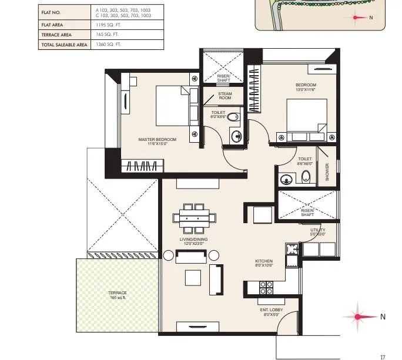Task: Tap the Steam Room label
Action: pyautogui.click(x=225, y=95)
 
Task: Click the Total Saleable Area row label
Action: pyautogui.click(x=63, y=44)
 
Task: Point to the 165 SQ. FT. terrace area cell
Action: pyautogui.click(x=108, y=35)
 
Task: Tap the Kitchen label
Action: pyautogui.click(x=263, y=262)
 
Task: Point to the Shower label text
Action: pyautogui.click(x=327, y=171)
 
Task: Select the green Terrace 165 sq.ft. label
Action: pyautogui.click(x=118, y=295)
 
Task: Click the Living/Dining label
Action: pyautogui.click(x=193, y=241)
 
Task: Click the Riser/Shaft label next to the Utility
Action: pyautogui.click(x=307, y=213)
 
